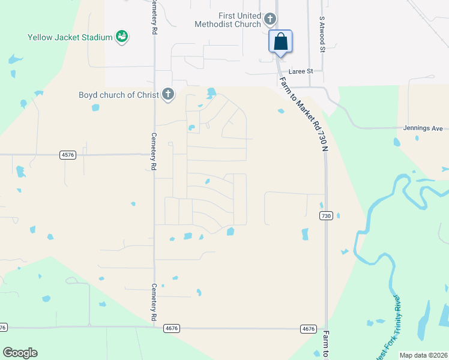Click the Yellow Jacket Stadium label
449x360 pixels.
point(70,37)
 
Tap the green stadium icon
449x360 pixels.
point(122,37)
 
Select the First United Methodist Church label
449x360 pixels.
point(232,20)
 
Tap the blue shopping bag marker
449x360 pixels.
point(280,42)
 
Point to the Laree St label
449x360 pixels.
point(302,71)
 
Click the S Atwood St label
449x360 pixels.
point(322,34)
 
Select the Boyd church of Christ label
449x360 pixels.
point(118,94)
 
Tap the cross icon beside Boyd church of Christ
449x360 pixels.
point(168,94)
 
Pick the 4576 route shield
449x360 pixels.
point(68,155)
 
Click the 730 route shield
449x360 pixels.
point(326,216)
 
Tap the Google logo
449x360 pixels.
point(20,353)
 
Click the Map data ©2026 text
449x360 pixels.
point(423,355)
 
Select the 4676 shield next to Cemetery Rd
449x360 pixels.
point(171,328)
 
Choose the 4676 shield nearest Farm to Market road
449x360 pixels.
point(309,328)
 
